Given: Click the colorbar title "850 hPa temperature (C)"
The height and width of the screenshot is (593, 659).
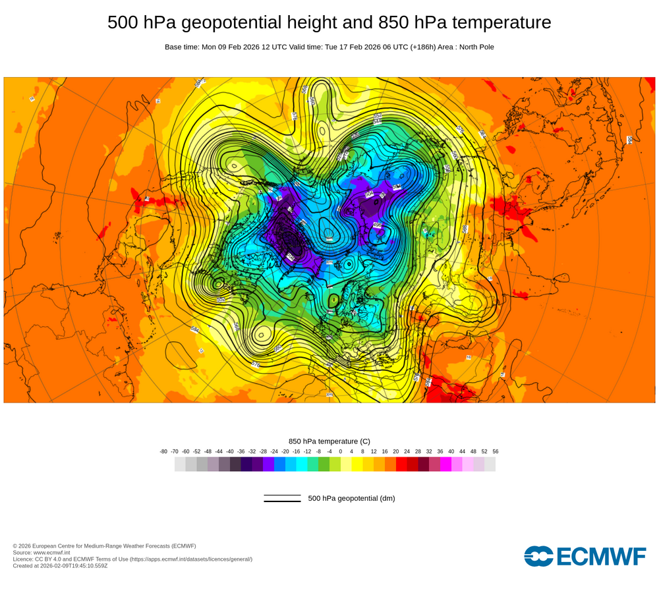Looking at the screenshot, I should coord(329,441).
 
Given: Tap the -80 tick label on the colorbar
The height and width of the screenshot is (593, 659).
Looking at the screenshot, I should coord(163,451).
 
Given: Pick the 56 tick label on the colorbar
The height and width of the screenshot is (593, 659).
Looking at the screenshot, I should coord(495,451).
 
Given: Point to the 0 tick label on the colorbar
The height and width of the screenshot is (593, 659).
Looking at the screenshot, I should coord(340,451).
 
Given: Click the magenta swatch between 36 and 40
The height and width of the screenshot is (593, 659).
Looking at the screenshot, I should coord(445,465).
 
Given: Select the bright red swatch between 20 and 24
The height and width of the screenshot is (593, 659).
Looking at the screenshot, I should coord(401,465).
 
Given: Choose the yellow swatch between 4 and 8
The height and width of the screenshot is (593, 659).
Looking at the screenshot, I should coord(357,465).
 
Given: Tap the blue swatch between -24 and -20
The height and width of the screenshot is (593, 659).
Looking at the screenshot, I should coord(279,465).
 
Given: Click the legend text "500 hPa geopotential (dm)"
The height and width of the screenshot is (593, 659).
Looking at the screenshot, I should coord(351,499).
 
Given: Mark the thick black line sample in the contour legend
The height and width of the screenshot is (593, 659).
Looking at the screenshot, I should coord(282,501).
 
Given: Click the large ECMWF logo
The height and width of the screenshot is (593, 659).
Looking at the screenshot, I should coord(585,556).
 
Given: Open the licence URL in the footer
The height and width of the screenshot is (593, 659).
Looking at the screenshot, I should coord(191,559).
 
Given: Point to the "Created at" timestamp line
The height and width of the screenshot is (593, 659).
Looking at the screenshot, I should coord(60,566).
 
